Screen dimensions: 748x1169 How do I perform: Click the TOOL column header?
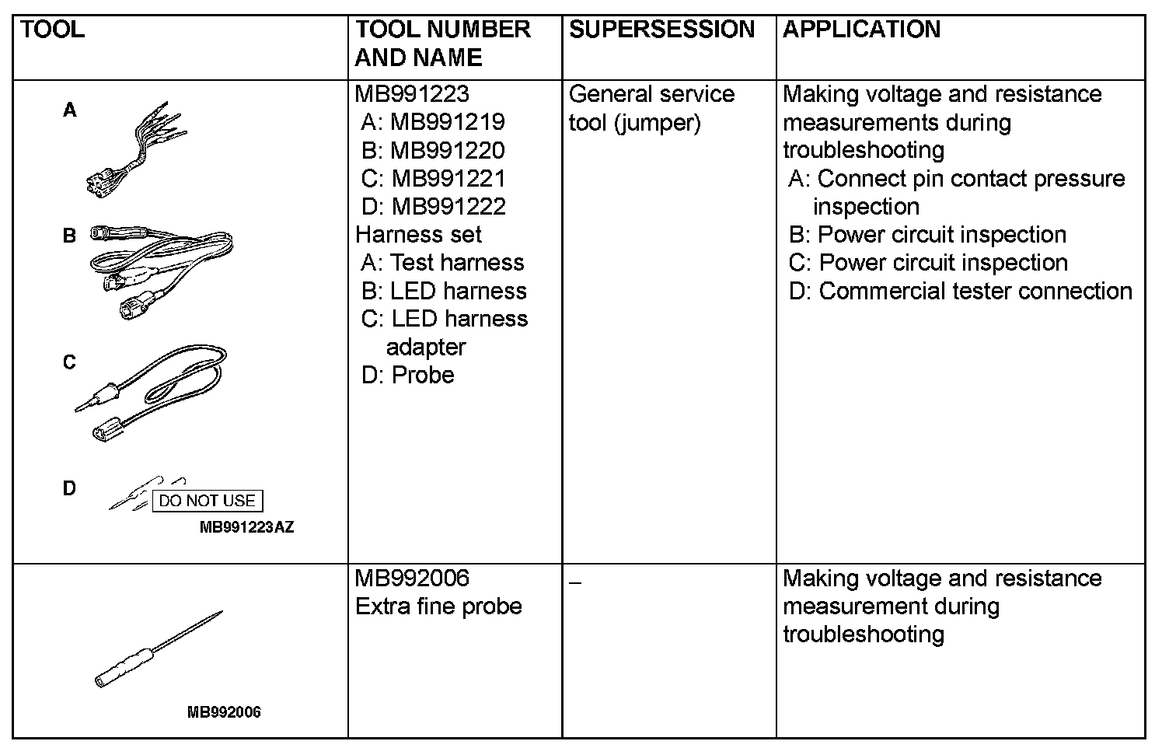pyautogui.click(x=52, y=30)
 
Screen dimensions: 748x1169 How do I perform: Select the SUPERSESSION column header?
pyautogui.click(x=661, y=30)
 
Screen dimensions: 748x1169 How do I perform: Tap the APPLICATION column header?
pyautogui.click(x=861, y=30)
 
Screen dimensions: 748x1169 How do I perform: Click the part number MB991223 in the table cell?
pyautogui.click(x=412, y=94)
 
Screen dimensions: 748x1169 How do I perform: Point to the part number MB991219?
pyautogui.click(x=448, y=122)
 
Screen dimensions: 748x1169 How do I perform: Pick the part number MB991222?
pyautogui.click(x=448, y=206)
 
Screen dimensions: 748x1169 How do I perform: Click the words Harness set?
pyautogui.click(x=418, y=234)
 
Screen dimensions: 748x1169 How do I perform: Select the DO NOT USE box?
pyautogui.click(x=207, y=501)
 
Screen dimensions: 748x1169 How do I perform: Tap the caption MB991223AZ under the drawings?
pyautogui.click(x=246, y=528)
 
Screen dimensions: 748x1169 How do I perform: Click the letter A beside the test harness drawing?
pyautogui.click(x=70, y=111)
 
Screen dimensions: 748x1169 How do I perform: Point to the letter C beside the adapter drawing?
pyautogui.click(x=70, y=362)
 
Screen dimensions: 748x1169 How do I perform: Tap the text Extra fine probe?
pyautogui.click(x=438, y=606)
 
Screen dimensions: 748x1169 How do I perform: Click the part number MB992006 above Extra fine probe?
pyautogui.click(x=412, y=578)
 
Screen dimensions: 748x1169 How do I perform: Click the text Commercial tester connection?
pyautogui.click(x=975, y=291)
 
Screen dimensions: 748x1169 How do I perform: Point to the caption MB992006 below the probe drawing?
pyautogui.click(x=224, y=712)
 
